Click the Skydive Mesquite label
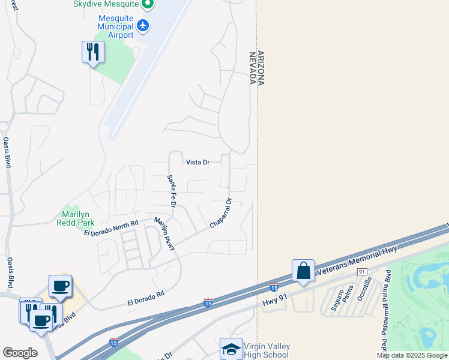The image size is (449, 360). coord(106,4)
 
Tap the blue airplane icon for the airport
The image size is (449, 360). coord(143,25)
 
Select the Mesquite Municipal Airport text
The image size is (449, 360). coord(107,26)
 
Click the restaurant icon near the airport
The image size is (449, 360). coord(93,52)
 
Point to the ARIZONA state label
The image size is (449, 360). coord(261,69)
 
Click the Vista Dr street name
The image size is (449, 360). coord(197,163)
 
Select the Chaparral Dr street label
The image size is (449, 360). coord(220,214)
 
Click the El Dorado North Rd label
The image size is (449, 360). coord(111,228)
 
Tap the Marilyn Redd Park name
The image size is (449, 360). coord(73,218)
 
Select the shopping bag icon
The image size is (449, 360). coord(304,271)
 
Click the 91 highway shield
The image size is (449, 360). coord(361,272)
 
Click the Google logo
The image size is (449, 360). coord(20,353)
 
